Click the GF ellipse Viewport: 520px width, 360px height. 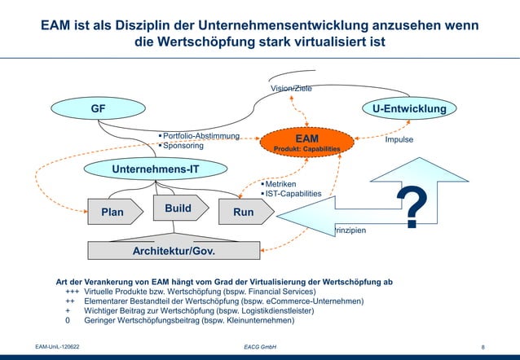click(96, 108)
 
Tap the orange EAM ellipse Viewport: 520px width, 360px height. click(306, 143)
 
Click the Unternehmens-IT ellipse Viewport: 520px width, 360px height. click(155, 169)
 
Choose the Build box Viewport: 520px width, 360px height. click(178, 209)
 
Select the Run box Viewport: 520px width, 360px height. click(244, 212)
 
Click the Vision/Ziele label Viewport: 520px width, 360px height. click(291, 88)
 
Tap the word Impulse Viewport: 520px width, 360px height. click(399, 139)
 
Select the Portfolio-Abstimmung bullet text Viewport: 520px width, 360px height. click(201, 135)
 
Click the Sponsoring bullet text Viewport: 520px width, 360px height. click(183, 146)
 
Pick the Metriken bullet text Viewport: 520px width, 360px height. click(280, 184)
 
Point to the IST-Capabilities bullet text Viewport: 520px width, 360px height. click(293, 194)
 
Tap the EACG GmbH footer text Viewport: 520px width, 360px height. click(260, 347)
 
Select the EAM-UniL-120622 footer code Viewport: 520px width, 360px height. click(57, 347)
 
